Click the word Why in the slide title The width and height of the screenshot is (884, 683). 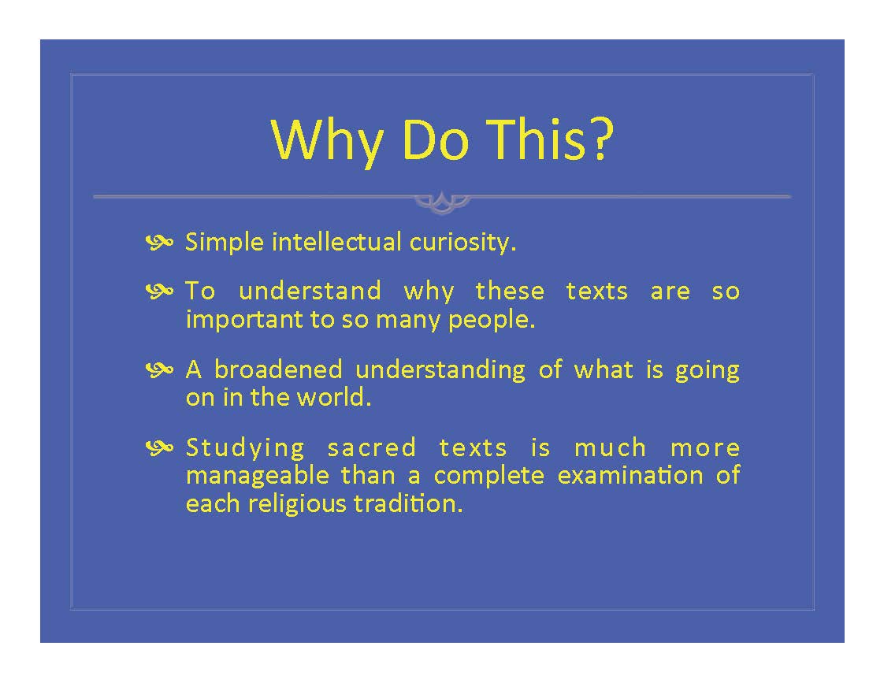pos(327,141)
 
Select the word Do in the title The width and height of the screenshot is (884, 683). pos(435,139)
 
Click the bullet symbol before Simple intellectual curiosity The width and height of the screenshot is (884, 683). pos(160,243)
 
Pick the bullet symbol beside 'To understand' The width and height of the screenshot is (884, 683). pos(160,291)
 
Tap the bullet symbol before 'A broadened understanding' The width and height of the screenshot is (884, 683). pos(160,369)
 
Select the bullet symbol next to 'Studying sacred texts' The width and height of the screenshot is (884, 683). pos(160,448)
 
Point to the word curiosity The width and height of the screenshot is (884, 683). pos(462,243)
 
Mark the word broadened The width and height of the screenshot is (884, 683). pos(278,369)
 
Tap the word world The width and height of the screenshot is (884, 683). pos(334,397)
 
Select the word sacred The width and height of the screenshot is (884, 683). pos(372,448)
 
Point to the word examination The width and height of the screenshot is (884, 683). pos(630,475)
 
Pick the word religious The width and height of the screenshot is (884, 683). pos(297,504)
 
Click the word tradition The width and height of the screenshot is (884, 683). pos(408,503)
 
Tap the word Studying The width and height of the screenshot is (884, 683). pos(245,449)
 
